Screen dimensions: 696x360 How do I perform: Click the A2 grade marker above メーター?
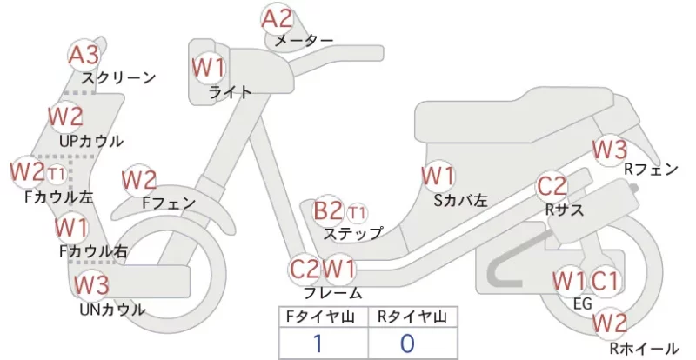[x=277, y=19]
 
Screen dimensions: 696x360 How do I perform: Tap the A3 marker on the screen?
[x=84, y=56]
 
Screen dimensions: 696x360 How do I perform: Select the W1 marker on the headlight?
[x=209, y=68]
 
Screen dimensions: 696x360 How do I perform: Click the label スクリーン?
[x=118, y=78]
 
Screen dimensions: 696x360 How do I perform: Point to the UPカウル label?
[x=91, y=141]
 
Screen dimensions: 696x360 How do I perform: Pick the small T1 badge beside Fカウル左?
[x=57, y=174]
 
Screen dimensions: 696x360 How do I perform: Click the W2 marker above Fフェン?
[x=139, y=181]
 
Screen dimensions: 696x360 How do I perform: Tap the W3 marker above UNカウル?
[x=91, y=285]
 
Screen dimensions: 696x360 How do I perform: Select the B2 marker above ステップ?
[x=328, y=210]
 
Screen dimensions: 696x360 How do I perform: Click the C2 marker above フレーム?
[x=304, y=269]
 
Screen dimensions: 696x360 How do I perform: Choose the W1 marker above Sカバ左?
[x=438, y=177]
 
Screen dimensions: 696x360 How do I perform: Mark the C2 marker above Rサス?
[x=552, y=186]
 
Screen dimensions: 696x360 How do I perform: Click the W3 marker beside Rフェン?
[x=611, y=150]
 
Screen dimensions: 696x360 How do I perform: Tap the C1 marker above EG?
[x=604, y=282]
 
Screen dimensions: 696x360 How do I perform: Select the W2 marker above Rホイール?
[x=611, y=323]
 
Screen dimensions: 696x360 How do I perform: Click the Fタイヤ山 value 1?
[x=318, y=343]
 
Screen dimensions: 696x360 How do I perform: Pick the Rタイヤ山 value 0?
[x=407, y=343]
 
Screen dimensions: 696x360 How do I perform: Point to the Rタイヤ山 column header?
[x=412, y=317]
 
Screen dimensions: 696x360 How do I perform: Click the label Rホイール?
[x=644, y=349]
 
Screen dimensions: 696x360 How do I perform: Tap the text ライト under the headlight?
[x=230, y=92]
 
